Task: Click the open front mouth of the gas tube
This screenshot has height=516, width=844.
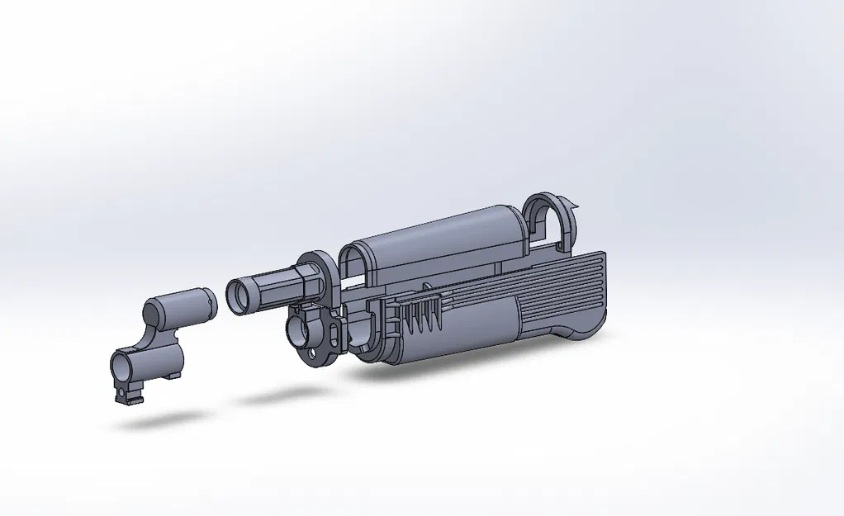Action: pyautogui.click(x=239, y=296)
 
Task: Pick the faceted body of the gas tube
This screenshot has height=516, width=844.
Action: pyautogui.click(x=277, y=284)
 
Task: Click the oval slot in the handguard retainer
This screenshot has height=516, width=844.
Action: pyautogui.click(x=334, y=329)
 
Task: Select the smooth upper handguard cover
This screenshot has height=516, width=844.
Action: pyautogui.click(x=438, y=239)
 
